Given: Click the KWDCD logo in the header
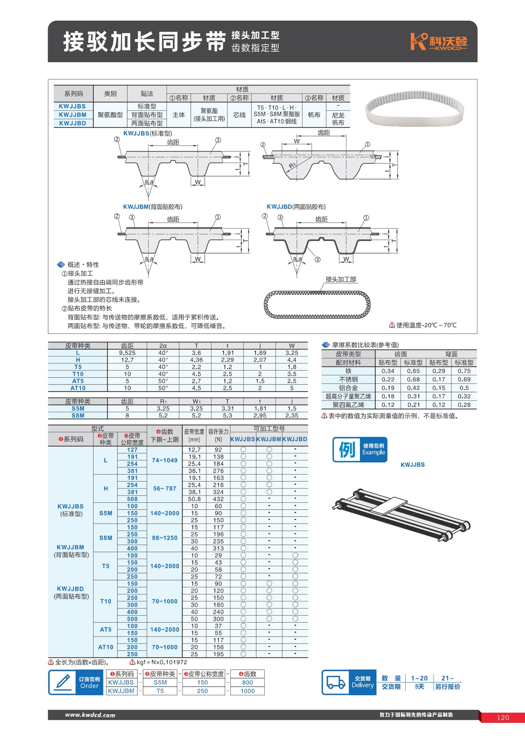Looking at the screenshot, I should [x=439, y=42].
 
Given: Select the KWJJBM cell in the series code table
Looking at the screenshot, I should [x=73, y=115].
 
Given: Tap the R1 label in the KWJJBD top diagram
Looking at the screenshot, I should [x=292, y=166].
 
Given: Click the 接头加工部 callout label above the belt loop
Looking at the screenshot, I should [x=341, y=279].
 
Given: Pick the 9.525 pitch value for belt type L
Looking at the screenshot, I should [x=127, y=353].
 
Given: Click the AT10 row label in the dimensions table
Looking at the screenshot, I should [x=78, y=388].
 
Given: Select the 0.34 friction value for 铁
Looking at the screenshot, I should [x=388, y=371].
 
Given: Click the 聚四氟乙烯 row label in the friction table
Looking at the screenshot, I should [x=348, y=405].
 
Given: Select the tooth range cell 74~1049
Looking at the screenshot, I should [x=165, y=460].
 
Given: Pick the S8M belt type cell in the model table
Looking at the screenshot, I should [x=105, y=538].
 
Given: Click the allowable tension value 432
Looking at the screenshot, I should [x=218, y=499].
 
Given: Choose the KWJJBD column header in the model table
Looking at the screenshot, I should [x=295, y=439].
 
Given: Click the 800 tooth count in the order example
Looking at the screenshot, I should [x=248, y=682].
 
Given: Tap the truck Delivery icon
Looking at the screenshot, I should [x=335, y=682].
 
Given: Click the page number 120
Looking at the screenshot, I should [x=503, y=718].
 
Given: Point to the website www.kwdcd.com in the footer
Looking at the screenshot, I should [x=90, y=715].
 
